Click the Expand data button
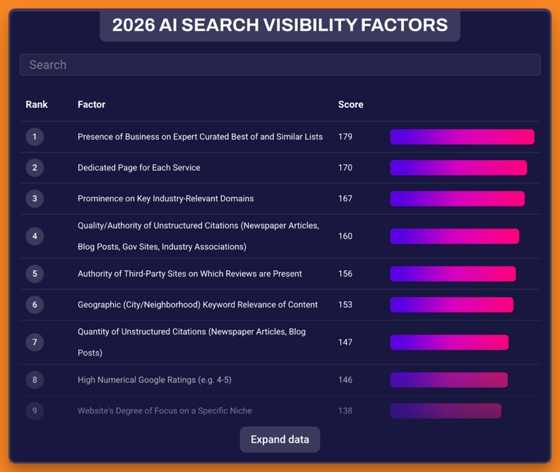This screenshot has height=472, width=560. pyautogui.click(x=280, y=440)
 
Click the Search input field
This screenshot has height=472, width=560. pyautogui.click(x=280, y=65)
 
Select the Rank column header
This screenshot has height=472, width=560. pyautogui.click(x=37, y=104)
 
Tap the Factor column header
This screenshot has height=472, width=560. pyautogui.click(x=91, y=104)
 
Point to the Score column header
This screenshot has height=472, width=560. pyautogui.click(x=350, y=104)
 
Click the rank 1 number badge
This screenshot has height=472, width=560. pyautogui.click(x=35, y=137)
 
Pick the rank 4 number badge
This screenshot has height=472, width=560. pyautogui.click(x=35, y=236)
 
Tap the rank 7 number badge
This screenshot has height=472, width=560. pyautogui.click(x=35, y=342)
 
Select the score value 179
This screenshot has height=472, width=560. pyautogui.click(x=345, y=137)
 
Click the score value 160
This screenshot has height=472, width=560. pyautogui.click(x=345, y=236)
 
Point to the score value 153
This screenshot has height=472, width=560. pyautogui.click(x=345, y=305)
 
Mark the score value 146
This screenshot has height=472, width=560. pyautogui.click(x=345, y=380)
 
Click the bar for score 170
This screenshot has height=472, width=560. pyautogui.click(x=458, y=168)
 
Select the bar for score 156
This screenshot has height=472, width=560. pyautogui.click(x=453, y=274)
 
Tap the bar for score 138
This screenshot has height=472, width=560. pyautogui.click(x=446, y=411)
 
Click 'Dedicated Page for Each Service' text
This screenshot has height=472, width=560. pyautogui.click(x=139, y=168)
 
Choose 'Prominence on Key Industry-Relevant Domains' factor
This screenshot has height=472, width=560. pyautogui.click(x=165, y=199)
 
